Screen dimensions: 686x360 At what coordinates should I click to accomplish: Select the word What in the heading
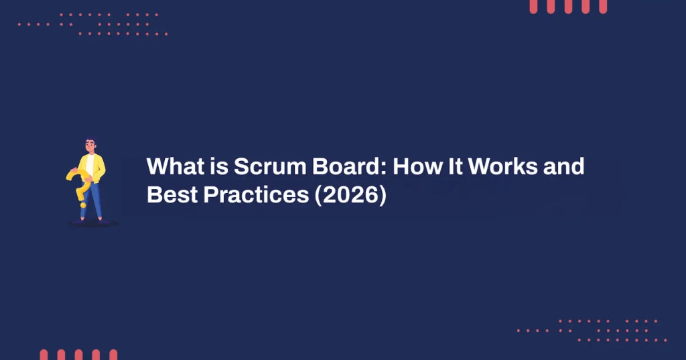pos(174,166)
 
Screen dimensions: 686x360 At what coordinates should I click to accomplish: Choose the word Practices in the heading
pos(257,194)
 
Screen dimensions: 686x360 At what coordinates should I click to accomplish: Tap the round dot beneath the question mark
pos(83,204)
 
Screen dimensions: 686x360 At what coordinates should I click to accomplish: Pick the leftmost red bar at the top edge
pos(533,6)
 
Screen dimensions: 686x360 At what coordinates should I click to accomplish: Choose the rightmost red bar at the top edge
pos(603,6)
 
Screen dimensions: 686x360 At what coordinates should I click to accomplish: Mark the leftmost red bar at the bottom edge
pos(44,355)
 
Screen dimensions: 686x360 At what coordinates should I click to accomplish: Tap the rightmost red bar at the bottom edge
pos(113,355)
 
